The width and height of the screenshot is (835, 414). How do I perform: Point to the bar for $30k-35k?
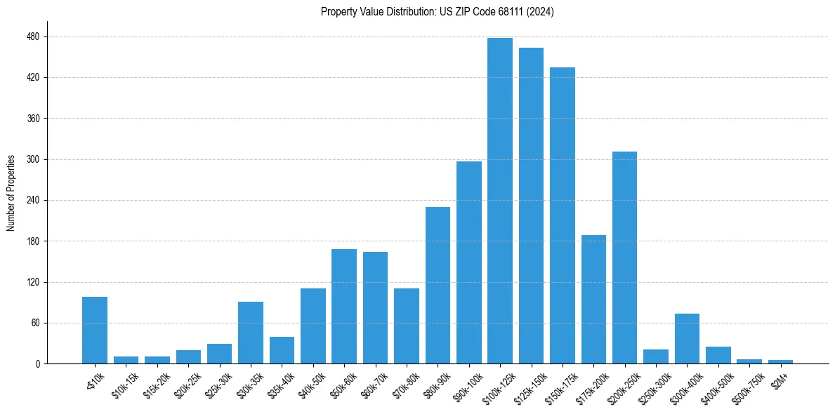click(x=251, y=333)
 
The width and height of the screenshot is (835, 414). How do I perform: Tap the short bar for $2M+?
click(x=780, y=361)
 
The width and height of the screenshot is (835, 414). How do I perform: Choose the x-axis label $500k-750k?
click(x=747, y=385)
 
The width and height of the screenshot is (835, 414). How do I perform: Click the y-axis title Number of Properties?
click(x=11, y=193)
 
